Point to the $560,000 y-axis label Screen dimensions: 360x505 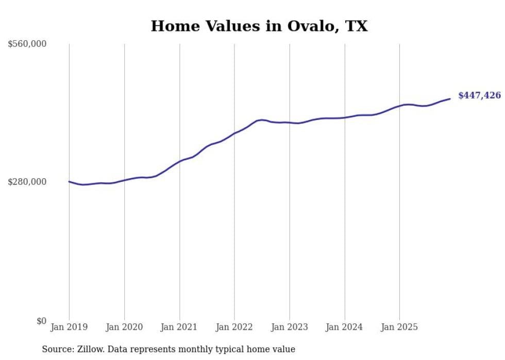click(27, 44)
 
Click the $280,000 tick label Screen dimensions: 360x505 click(27, 182)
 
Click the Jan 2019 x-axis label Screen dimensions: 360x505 click(69, 327)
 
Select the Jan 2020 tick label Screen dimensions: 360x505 click(124, 327)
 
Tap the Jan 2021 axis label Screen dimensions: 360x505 click(179, 327)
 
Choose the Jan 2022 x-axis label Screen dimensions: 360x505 click(234, 327)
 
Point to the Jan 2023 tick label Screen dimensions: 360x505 click(290, 327)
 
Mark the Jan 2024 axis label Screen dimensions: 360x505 click(345, 327)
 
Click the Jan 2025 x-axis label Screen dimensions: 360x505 click(399, 327)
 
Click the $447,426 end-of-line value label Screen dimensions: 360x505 click(479, 95)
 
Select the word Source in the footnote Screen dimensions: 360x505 click(56, 349)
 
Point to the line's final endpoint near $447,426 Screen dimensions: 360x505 click(450, 99)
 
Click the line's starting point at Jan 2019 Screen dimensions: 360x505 click(69, 181)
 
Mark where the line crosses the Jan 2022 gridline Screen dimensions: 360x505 click(234, 133)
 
